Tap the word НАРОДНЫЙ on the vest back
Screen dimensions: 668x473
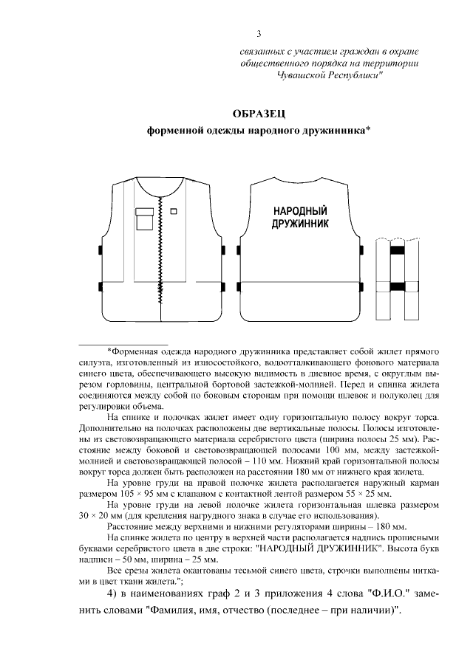point(300,210)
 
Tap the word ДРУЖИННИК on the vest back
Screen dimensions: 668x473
point(300,222)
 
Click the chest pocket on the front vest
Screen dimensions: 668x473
point(145,218)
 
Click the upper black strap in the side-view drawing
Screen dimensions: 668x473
point(397,251)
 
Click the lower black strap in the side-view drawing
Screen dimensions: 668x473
point(397,286)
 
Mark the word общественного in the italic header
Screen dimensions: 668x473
point(276,64)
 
